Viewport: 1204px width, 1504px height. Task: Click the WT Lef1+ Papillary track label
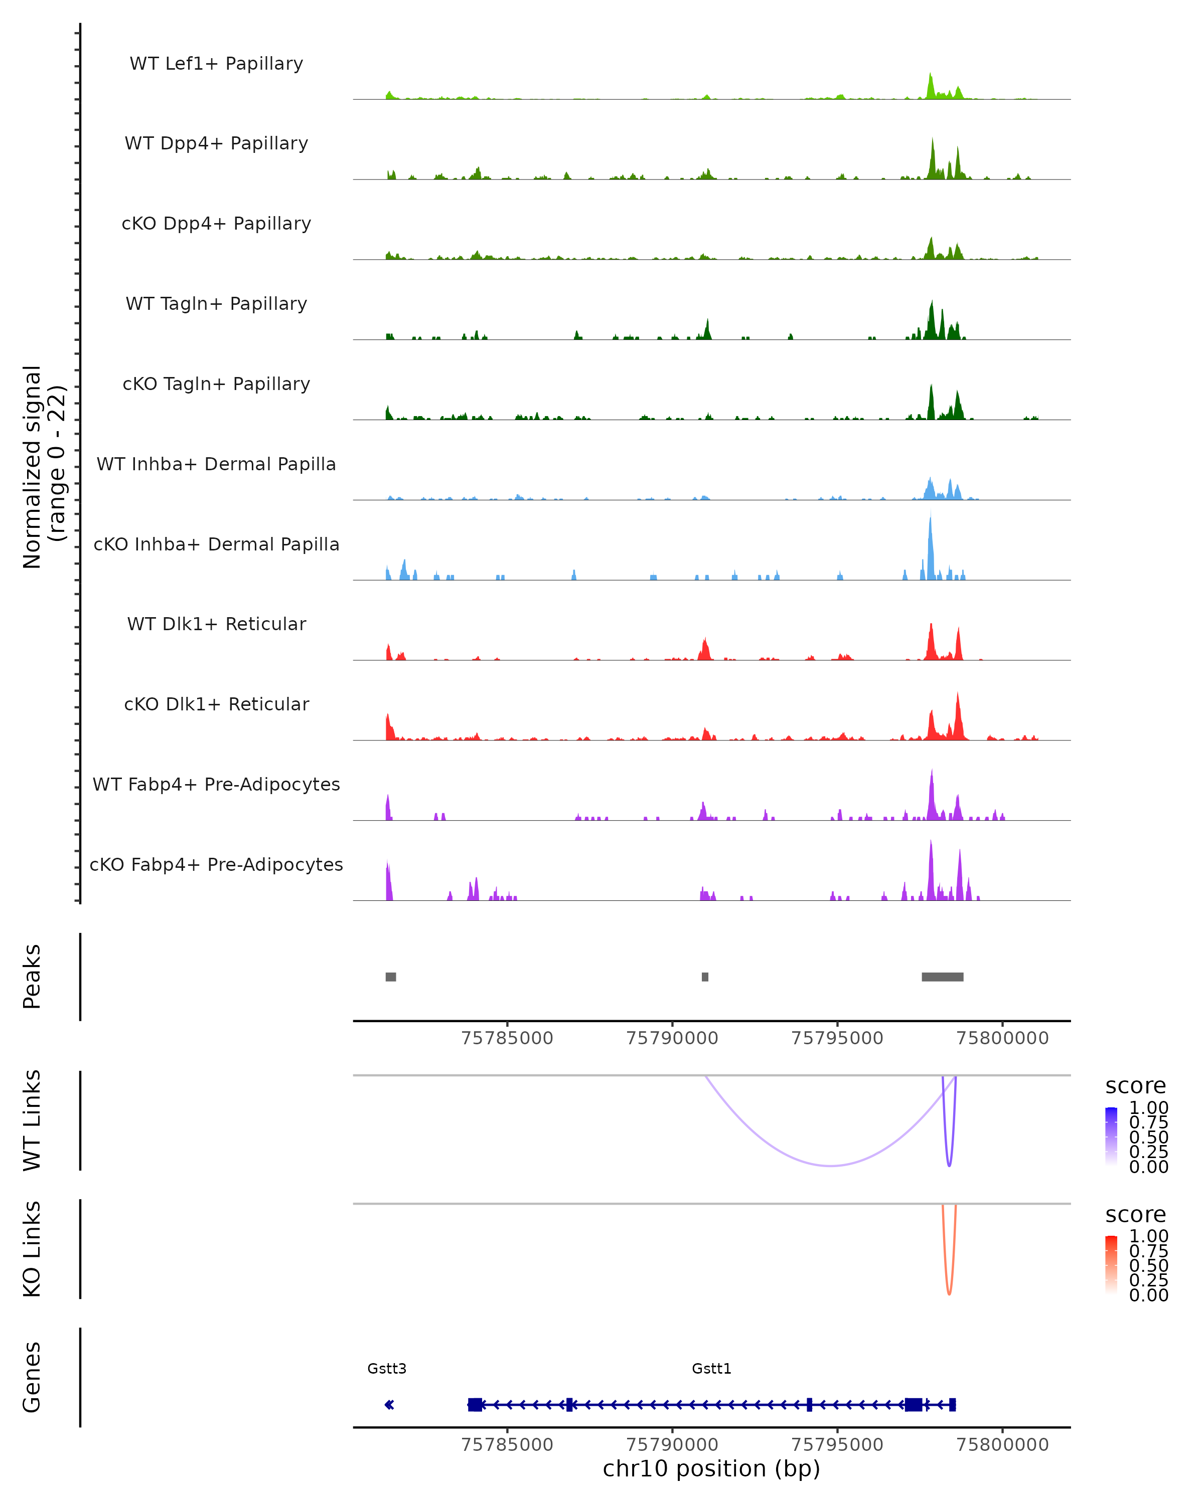[x=216, y=64]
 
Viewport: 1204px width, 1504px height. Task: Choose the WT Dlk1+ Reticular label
[x=216, y=624]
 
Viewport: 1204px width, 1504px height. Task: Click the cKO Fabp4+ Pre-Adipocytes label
[x=216, y=864]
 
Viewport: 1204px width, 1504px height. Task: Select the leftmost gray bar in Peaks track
[x=391, y=977]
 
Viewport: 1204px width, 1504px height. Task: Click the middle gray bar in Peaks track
[x=705, y=977]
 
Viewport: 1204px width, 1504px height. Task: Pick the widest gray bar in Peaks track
[x=942, y=977]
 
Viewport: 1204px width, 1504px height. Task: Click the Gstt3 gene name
[x=387, y=1368]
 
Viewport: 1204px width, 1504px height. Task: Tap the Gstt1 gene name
[x=711, y=1368]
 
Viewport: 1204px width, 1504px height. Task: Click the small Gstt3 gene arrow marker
[x=389, y=1404]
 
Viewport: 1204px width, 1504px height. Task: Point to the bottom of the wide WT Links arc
[x=831, y=1165]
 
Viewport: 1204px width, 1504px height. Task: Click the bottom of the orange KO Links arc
[x=949, y=1294]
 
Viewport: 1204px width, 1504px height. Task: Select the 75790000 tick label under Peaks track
[x=672, y=1038]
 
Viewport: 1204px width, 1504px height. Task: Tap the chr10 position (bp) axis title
[x=711, y=1468]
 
